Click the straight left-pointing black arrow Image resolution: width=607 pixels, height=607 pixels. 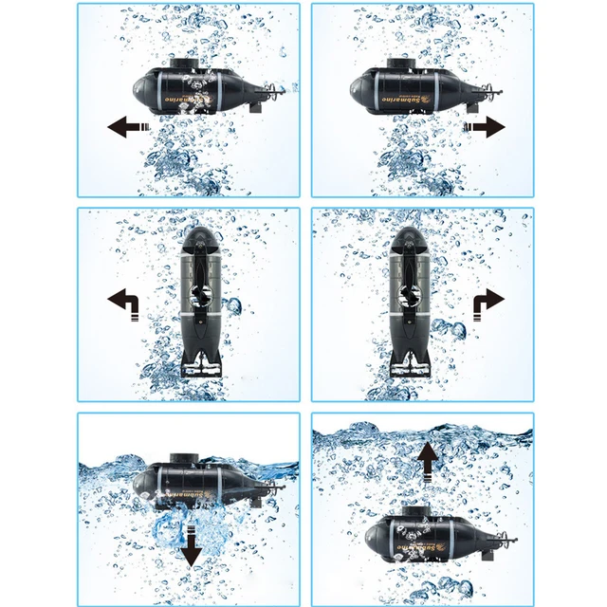128,126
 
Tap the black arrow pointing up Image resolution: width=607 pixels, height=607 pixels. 429,463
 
